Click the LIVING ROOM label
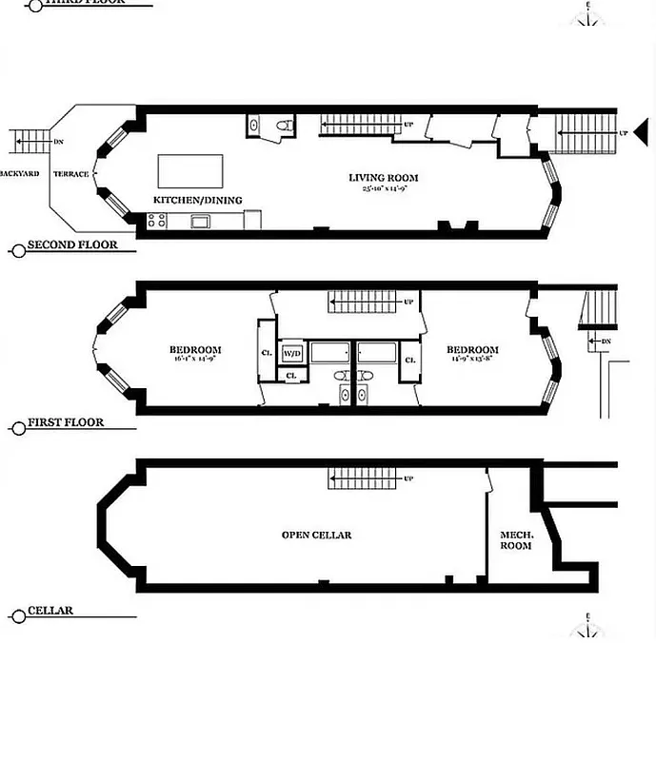383,178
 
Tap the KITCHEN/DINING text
198,200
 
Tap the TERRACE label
70,174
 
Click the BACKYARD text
19,174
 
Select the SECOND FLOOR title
72,245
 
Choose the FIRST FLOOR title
65,422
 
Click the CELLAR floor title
50,611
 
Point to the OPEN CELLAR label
316,536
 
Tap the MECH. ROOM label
515,541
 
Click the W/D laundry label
291,354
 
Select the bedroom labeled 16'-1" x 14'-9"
195,355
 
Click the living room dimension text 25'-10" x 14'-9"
383,189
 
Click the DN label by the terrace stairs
58,142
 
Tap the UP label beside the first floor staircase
408,302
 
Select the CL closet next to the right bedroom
410,361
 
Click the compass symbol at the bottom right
588,628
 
